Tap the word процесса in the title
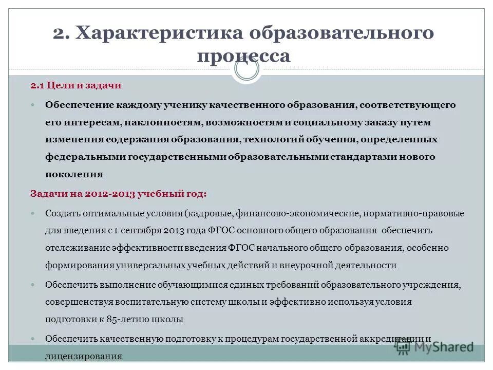244,55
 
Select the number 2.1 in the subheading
37,85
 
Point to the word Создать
62,213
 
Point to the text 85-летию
125,320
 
